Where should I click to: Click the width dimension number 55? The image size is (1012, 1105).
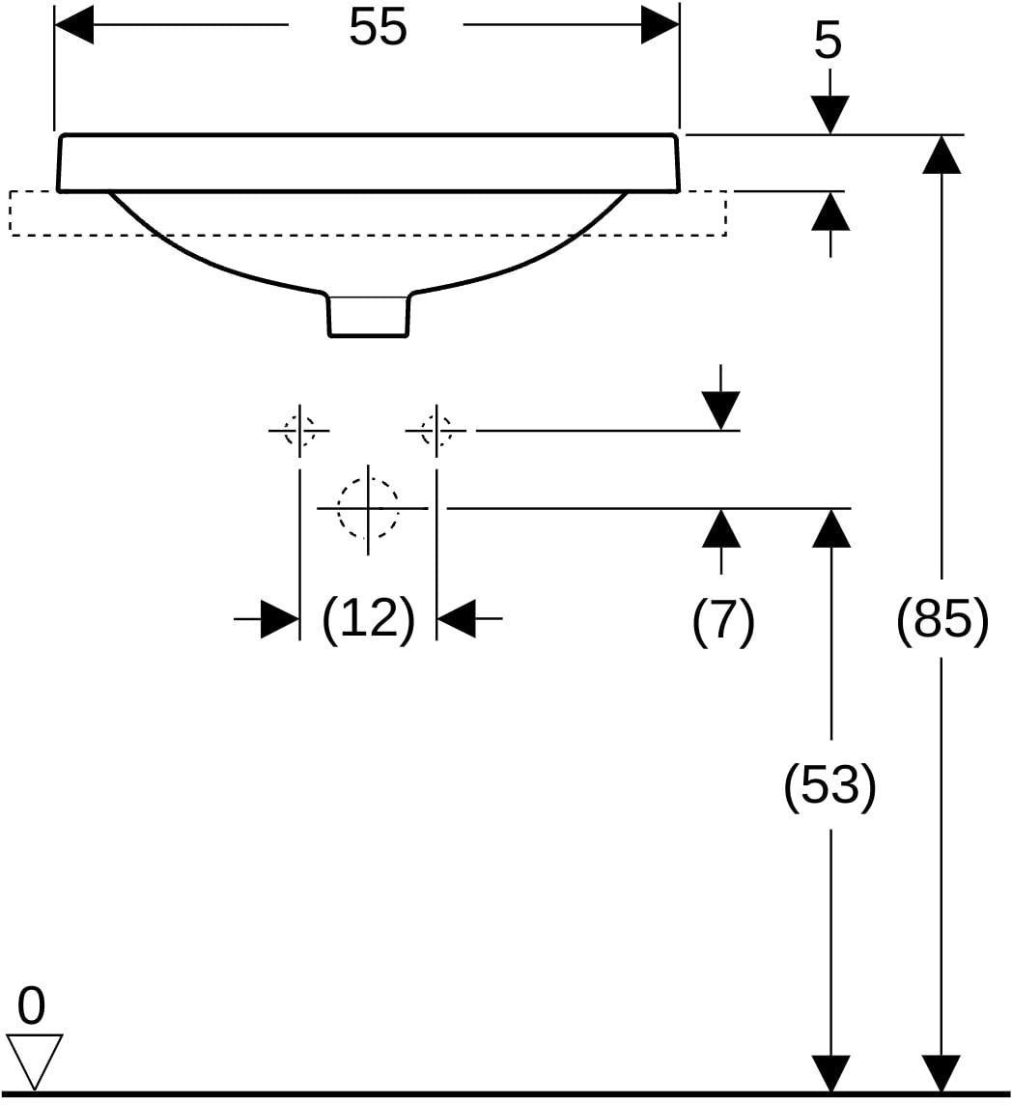coord(378,27)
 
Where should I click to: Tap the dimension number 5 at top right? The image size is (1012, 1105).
coord(829,41)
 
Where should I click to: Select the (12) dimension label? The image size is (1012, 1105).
coord(369,619)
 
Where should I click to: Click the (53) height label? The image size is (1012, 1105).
coord(830,785)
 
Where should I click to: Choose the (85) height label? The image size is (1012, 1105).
coord(942,619)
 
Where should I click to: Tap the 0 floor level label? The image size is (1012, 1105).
coord(31,1006)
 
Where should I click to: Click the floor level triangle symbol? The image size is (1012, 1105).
coord(35,1061)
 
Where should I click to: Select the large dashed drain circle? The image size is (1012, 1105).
coord(368,507)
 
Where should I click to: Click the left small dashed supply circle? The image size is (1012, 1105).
coord(298,430)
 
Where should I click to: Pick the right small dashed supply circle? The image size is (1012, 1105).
coord(436,430)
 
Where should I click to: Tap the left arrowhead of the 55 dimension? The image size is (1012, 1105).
coord(74,25)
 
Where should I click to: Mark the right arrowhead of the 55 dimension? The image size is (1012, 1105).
coord(660,25)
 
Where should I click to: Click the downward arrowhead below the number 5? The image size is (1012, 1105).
coord(830,114)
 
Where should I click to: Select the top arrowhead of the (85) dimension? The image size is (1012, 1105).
coord(942,154)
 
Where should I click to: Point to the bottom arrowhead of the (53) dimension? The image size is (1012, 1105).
coord(830,1074)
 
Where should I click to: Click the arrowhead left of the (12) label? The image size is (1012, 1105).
coord(280,619)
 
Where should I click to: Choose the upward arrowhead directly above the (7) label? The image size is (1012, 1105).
coord(721,527)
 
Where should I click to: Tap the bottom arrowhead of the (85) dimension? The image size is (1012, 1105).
coord(942,1074)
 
